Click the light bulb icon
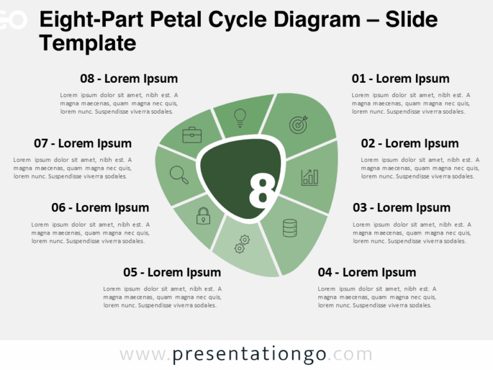point(240,117)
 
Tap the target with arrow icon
point(298,124)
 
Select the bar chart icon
point(310,177)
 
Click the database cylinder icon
point(290,228)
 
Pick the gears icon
point(242,243)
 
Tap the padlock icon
point(203,216)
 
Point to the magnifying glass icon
point(179,175)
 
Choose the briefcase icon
point(192,135)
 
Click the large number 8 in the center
point(262,191)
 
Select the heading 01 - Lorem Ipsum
point(400,78)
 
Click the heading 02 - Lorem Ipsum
point(410,143)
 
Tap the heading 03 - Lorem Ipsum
point(401,207)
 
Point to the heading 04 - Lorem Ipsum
point(367,272)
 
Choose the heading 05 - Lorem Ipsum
point(172,272)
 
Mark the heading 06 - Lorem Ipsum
point(100,207)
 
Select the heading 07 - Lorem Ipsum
point(83,143)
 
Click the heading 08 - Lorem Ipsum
point(129,78)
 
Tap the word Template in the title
point(87,43)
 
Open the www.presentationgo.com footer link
point(246,355)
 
